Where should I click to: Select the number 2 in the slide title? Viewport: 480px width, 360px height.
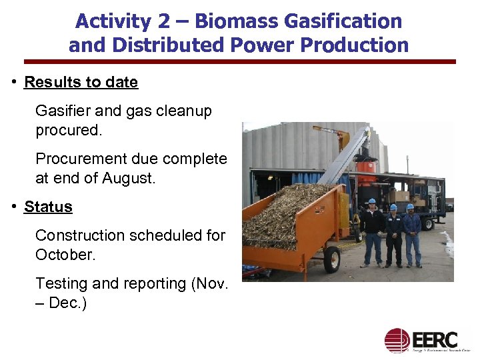coord(163,21)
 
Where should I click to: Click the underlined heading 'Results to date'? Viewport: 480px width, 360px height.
coord(81,83)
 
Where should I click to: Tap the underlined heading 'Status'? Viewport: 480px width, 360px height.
coord(48,207)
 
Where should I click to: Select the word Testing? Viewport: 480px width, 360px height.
coord(62,283)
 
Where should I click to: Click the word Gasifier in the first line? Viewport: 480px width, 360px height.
coord(61,111)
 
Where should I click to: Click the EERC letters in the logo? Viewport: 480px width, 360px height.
coord(435,339)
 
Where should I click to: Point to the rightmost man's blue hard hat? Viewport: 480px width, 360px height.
coord(411,207)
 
